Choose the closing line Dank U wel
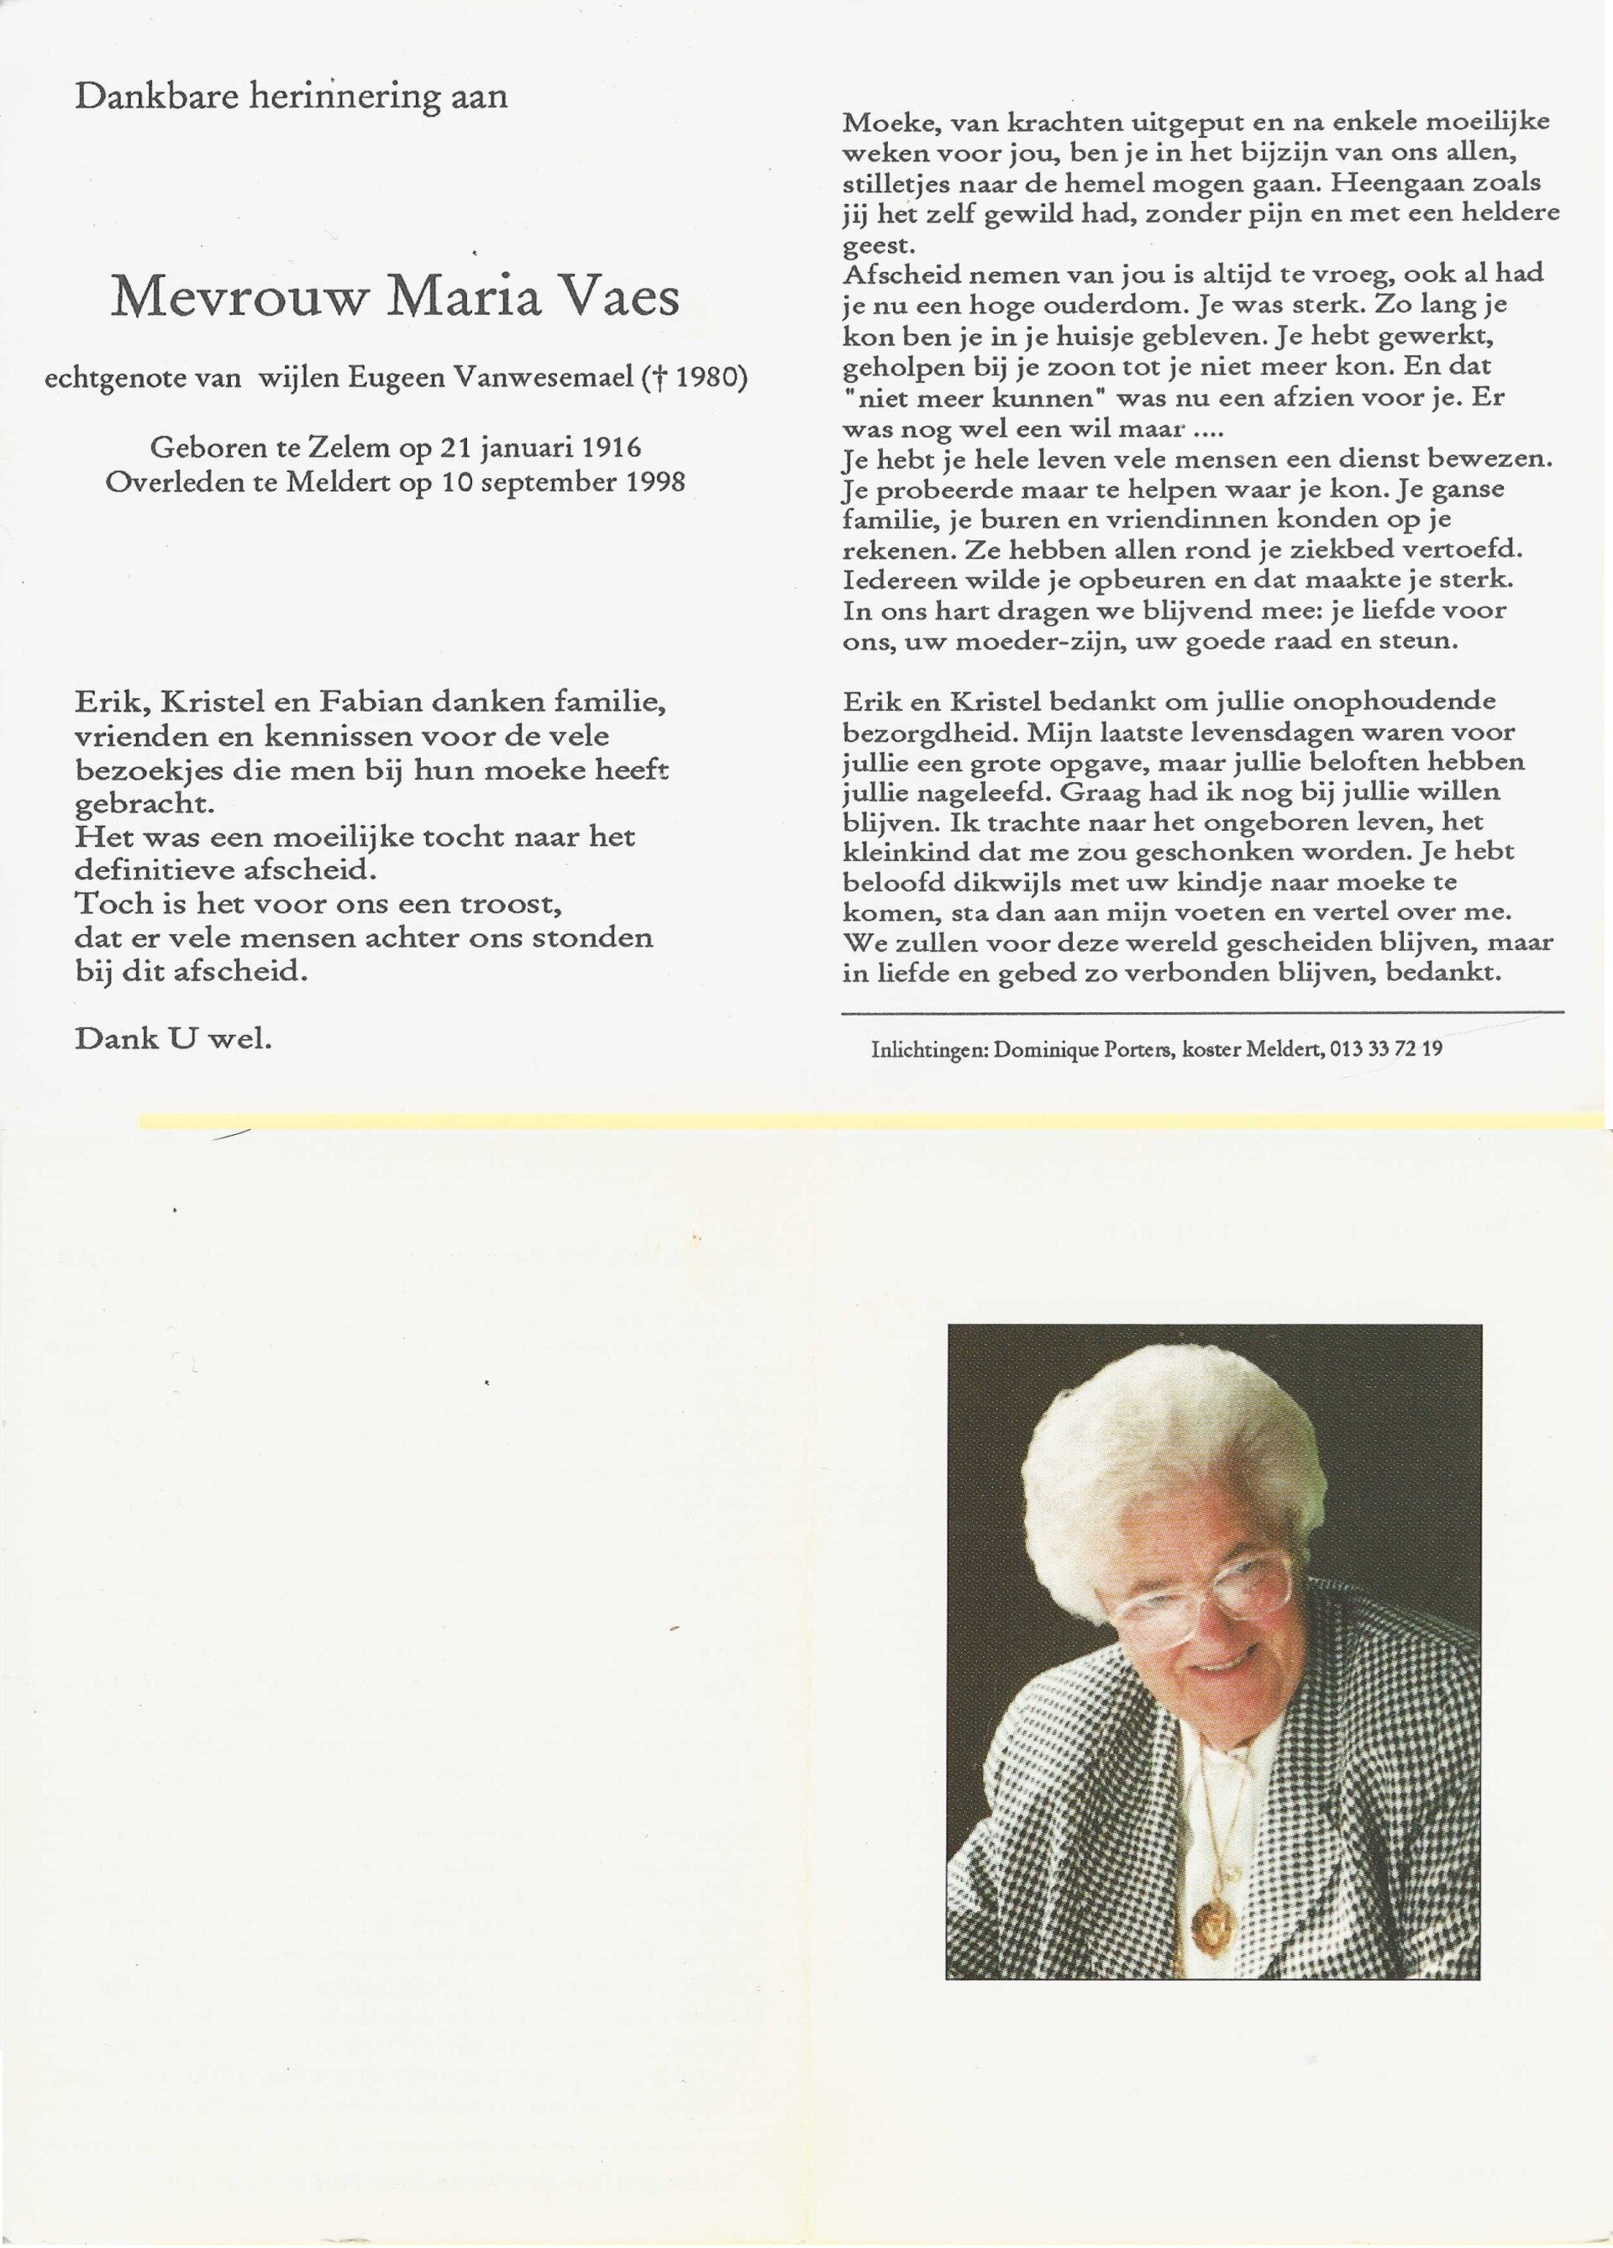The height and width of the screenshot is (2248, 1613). tap(172, 1039)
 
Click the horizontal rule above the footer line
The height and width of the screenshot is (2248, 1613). tap(1201, 1013)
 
